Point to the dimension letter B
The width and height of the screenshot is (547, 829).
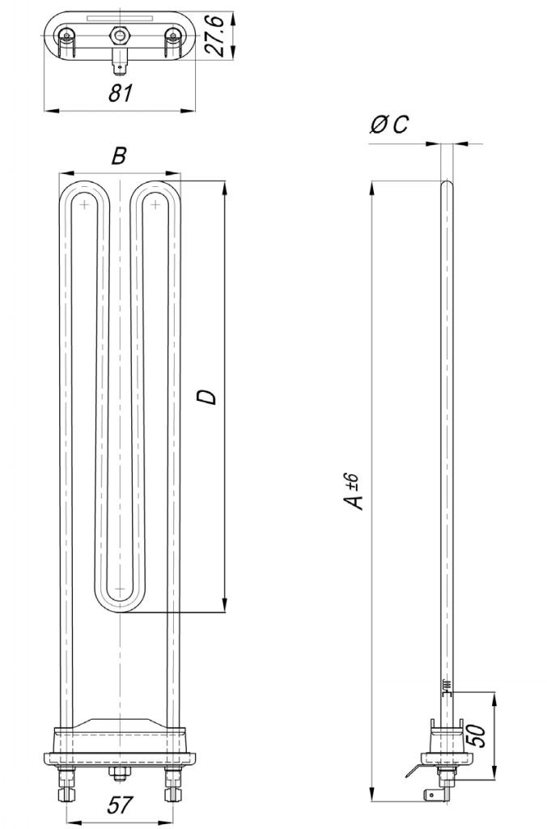[x=119, y=156]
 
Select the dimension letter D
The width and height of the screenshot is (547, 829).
[x=207, y=397]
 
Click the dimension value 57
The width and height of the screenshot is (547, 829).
[x=119, y=805]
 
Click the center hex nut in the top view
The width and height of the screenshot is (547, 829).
[x=120, y=36]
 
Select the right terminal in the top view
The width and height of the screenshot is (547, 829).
[x=172, y=36]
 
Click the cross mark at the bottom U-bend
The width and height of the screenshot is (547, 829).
[x=119, y=589]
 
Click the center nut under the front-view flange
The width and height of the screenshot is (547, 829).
[x=119, y=775]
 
